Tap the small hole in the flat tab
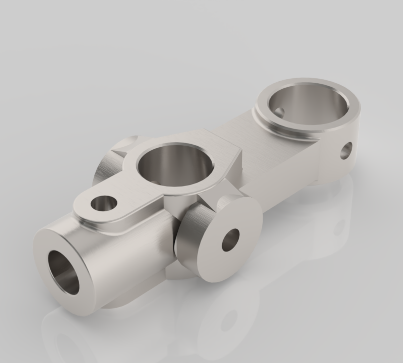point(104,204)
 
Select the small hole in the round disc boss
point(231,239)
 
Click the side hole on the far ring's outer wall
point(346,150)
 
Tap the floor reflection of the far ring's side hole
point(339,228)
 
